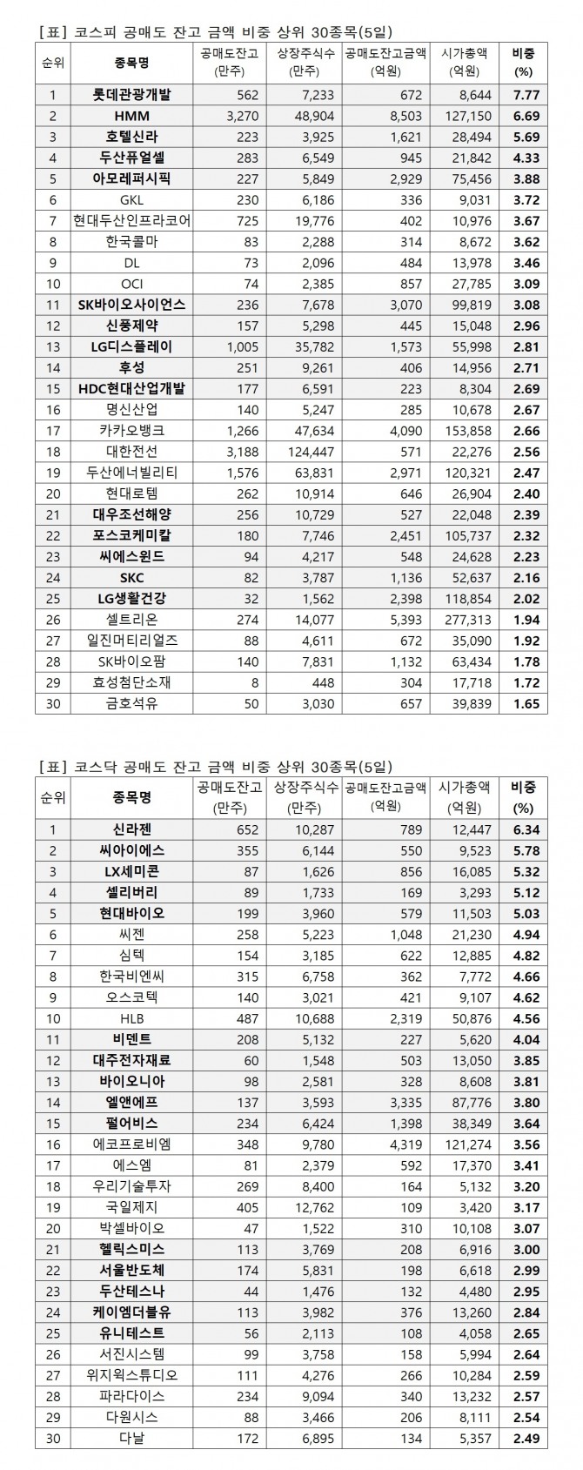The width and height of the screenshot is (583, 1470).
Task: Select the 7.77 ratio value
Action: [x=526, y=95]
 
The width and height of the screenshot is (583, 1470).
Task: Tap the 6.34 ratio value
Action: [x=526, y=830]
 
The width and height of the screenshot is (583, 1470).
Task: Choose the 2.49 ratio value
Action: [x=526, y=1439]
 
